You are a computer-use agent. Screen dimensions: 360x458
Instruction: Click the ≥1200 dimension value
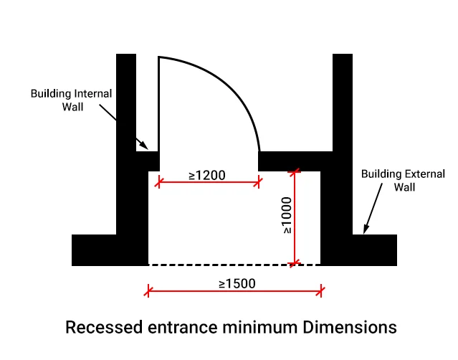208,174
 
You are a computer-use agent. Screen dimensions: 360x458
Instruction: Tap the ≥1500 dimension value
237,283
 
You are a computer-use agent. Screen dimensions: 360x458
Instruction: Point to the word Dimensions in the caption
347,328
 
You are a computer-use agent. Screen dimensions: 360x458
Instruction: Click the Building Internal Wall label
72,100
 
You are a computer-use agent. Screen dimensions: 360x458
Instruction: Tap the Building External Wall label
403,180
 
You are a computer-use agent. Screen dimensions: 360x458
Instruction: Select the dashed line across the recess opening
234,265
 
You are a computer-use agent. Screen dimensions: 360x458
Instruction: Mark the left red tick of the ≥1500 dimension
148,291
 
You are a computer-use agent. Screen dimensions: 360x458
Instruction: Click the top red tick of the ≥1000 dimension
293,171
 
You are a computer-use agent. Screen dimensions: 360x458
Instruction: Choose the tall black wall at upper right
343,100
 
